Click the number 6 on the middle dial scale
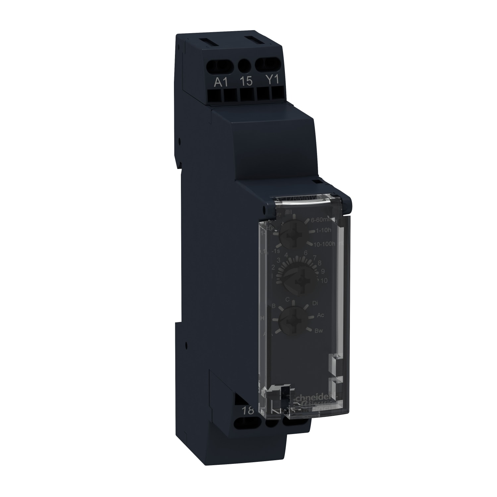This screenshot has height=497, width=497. pyautogui.click(x=306, y=253)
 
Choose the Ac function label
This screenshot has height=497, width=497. pyautogui.click(x=320, y=315)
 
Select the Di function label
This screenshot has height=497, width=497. pyautogui.click(x=315, y=303)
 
